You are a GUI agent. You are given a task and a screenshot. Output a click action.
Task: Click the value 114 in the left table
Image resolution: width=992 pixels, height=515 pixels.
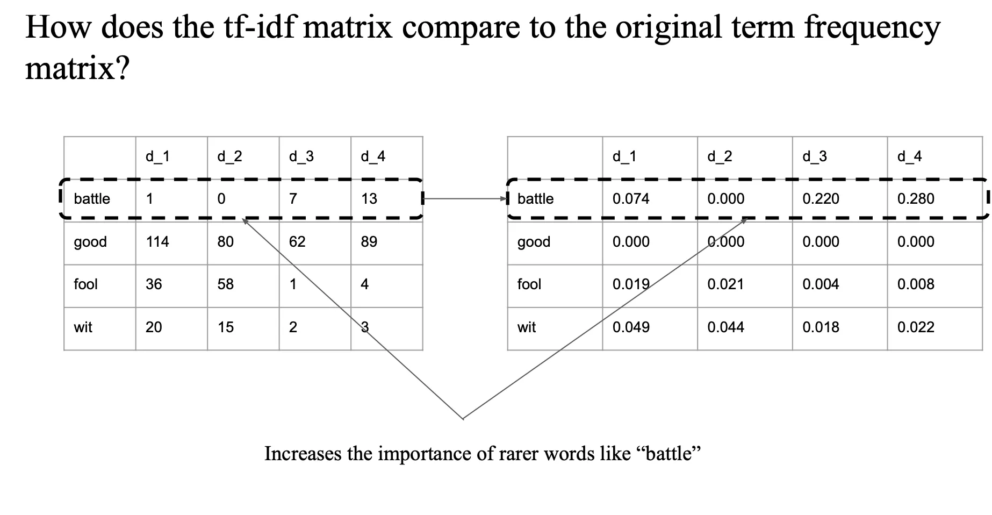tap(157, 242)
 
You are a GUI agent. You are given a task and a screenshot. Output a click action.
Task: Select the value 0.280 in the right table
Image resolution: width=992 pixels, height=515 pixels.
tap(916, 199)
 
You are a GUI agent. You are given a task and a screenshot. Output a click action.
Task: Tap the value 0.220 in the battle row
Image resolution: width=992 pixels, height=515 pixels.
tap(821, 199)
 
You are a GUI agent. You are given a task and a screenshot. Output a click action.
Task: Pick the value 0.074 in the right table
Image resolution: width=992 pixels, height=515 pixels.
tap(631, 199)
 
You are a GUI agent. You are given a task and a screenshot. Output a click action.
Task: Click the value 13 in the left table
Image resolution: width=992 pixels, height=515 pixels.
tap(369, 199)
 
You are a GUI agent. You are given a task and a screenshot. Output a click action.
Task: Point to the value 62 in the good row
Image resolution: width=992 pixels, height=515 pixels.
tap(297, 242)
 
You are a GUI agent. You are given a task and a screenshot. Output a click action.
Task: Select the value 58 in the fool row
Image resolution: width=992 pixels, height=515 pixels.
tap(225, 284)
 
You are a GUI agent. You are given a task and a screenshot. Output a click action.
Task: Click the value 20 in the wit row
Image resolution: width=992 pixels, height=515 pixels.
tap(154, 327)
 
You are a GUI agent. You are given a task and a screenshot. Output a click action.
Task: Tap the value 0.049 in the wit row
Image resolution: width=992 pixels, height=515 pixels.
tap(631, 327)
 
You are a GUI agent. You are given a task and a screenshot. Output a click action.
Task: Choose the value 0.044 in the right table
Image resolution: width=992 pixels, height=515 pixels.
tap(725, 327)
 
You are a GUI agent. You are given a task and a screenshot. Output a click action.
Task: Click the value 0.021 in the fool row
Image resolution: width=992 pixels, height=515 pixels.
tap(725, 284)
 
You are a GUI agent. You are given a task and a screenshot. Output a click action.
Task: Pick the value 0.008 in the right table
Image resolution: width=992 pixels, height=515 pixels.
tap(916, 284)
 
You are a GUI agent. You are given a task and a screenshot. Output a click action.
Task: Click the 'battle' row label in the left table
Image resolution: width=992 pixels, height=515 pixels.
tap(92, 199)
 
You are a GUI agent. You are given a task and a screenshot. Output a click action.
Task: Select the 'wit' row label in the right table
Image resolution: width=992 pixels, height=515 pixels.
tap(527, 327)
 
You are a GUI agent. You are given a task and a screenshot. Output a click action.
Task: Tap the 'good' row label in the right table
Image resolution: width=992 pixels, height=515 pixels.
tap(534, 242)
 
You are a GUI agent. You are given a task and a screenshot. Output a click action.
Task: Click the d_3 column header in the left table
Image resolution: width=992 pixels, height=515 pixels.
tap(301, 156)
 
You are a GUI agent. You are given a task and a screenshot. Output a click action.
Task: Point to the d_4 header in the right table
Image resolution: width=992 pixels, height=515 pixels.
tap(909, 156)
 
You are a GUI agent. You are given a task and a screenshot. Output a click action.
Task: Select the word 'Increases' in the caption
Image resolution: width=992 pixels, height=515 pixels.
tap(303, 454)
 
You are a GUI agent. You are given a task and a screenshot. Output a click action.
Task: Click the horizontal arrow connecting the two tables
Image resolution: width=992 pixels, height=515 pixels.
tap(465, 199)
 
